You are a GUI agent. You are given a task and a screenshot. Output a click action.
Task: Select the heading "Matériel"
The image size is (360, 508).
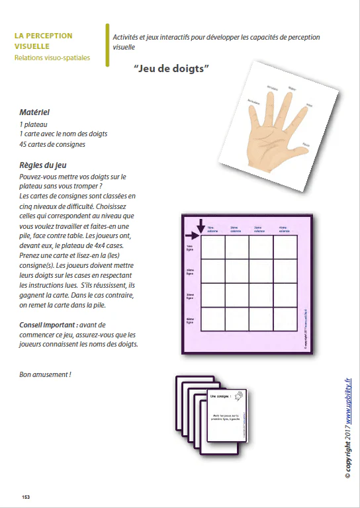click(x=34, y=113)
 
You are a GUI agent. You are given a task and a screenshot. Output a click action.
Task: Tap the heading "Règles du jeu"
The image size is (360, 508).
click(x=42, y=165)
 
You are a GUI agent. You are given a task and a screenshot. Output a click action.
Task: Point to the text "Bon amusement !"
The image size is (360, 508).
click(x=46, y=374)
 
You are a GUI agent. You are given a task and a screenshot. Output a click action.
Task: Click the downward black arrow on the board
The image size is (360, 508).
click(x=201, y=226)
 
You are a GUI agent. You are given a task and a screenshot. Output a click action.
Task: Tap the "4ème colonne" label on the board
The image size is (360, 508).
click(x=283, y=230)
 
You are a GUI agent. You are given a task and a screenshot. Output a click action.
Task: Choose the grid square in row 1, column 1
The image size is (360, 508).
click(x=213, y=247)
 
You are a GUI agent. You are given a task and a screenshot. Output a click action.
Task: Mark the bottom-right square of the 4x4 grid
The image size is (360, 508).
click(x=285, y=319)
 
